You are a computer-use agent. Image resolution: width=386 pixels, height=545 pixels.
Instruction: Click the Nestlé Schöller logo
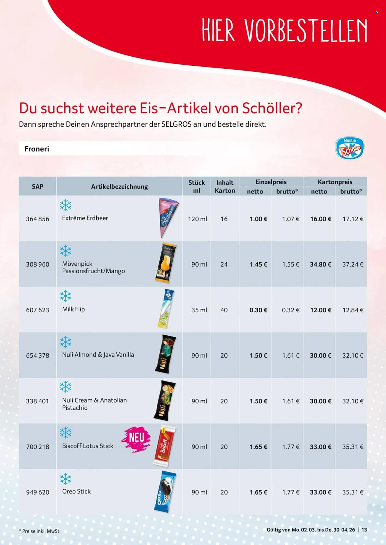pos(350,149)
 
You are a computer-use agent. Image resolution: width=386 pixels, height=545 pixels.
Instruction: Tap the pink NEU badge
pos(136,438)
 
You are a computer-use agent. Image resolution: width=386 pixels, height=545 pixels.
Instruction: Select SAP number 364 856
pos(37,219)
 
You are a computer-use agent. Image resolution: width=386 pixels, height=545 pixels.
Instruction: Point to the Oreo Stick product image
pos(165,492)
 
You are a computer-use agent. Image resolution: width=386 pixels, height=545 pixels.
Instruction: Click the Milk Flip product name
pos(73,309)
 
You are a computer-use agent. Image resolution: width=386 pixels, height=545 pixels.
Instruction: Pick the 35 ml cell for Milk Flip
pos(199,310)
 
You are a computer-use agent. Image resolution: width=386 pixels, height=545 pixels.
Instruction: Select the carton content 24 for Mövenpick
pos(224,264)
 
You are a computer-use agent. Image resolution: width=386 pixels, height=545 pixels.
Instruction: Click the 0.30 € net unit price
pos(258,310)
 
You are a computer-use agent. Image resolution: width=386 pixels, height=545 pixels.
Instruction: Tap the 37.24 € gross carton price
pos(353,264)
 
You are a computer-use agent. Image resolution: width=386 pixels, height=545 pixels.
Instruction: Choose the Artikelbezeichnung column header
pos(120,187)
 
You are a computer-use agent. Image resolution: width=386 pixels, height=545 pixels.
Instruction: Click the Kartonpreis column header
pos(335,182)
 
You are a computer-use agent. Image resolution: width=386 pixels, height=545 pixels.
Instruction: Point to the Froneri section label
pos(37,149)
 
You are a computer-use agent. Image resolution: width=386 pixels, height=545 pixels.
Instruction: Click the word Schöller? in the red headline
pos(272,108)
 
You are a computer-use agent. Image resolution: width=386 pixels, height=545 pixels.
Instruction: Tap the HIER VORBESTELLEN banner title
pos(284,31)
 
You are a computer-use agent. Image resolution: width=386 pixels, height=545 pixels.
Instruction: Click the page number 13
pos(364,530)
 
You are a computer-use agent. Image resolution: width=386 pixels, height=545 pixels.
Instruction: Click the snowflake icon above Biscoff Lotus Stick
pos(66,432)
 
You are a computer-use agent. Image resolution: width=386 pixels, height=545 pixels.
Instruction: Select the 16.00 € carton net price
pos(320,219)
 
